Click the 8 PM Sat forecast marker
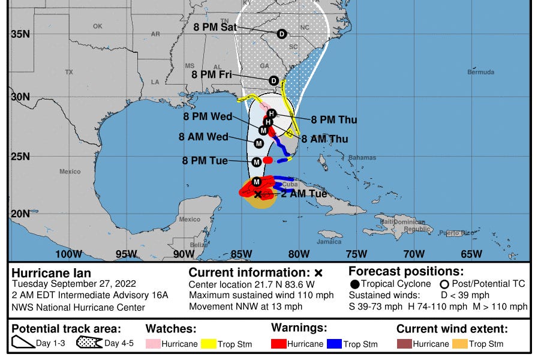pyautogui.click(x=281, y=34)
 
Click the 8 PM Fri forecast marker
pyautogui.click(x=274, y=80)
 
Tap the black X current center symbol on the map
pyautogui.click(x=258, y=194)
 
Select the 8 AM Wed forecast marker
pyautogui.click(x=259, y=143)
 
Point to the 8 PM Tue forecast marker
pyautogui.click(x=256, y=162)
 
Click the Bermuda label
pyautogui.click(x=481, y=72)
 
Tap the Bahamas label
pyautogui.click(x=362, y=158)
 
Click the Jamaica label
pyautogui.click(x=329, y=242)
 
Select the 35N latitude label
pyautogui.click(x=20, y=34)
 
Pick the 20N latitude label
pyautogui.click(x=20, y=214)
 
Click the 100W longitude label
pyautogui.click(x=68, y=254)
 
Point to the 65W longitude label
pyautogui.click(x=471, y=254)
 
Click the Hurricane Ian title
pyautogui.click(x=51, y=273)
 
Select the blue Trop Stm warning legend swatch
pyautogui.click(x=335, y=344)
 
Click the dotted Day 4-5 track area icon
pyautogui.click(x=89, y=343)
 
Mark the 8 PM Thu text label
pyautogui.click(x=333, y=120)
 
